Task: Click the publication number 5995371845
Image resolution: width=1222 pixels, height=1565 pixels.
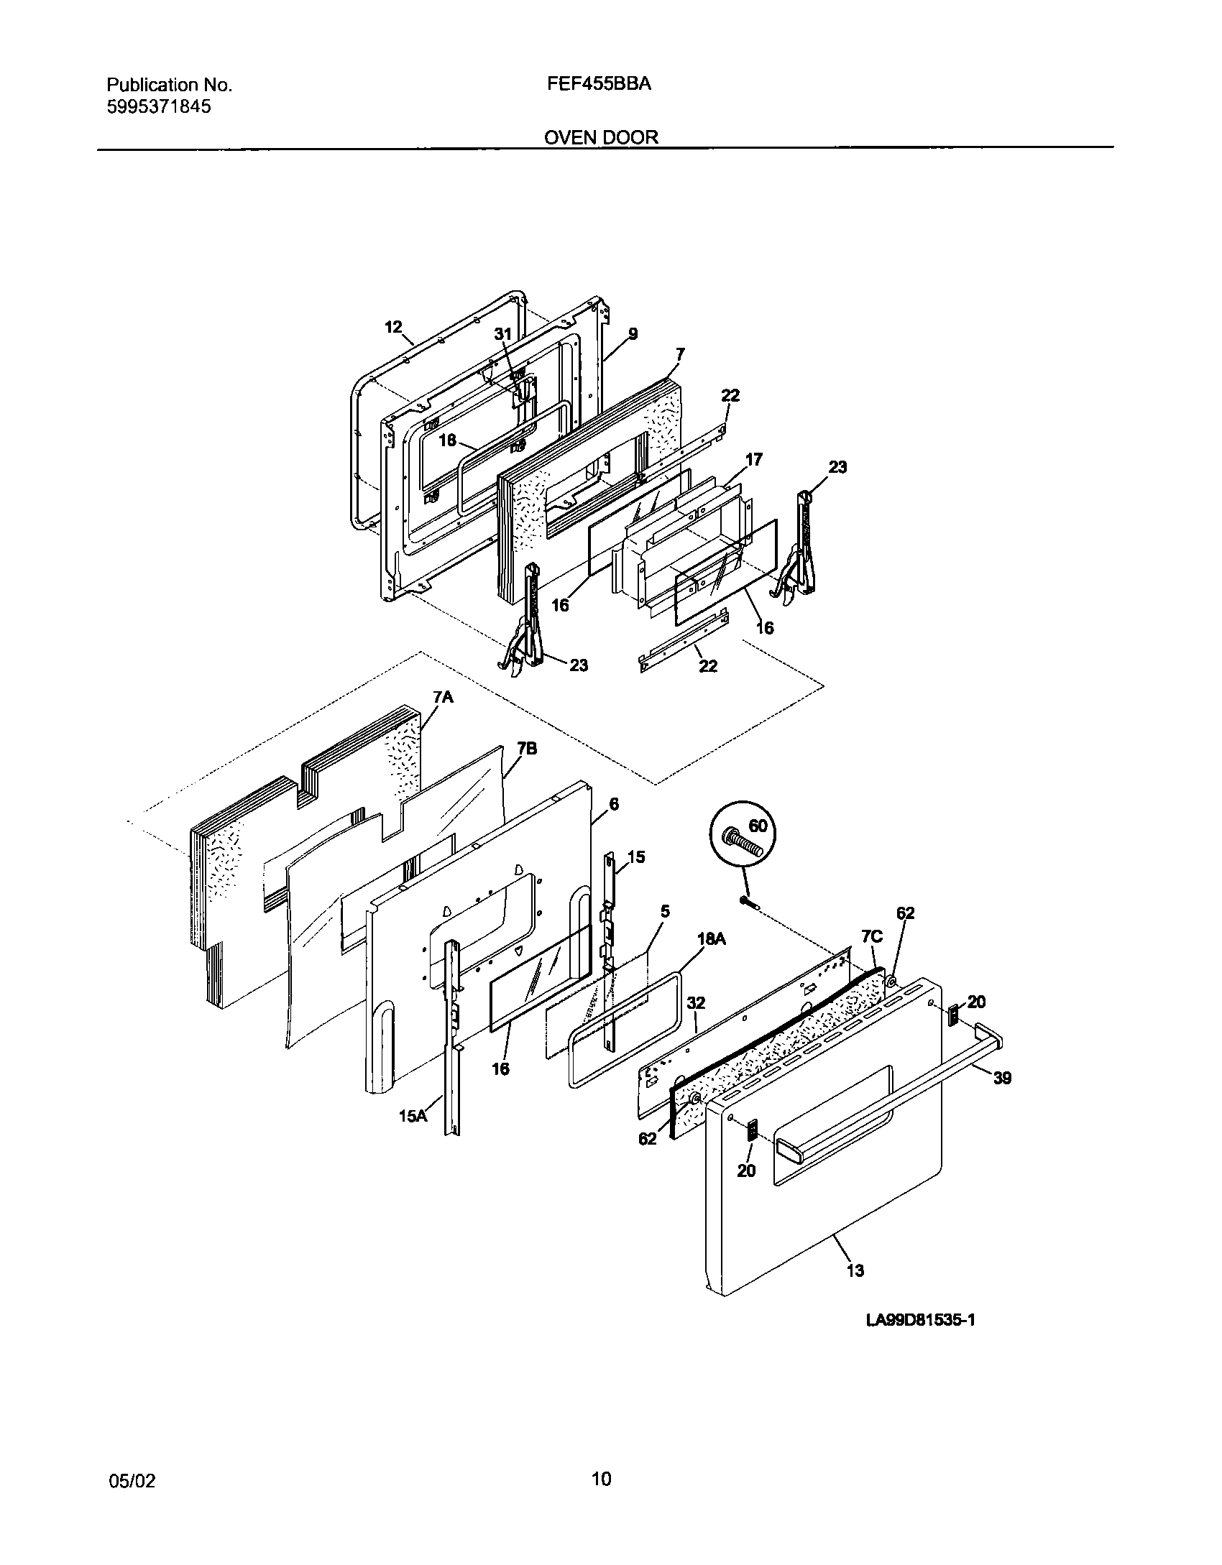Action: point(159,108)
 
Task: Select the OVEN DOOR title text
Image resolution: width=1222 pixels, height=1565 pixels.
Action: point(601,137)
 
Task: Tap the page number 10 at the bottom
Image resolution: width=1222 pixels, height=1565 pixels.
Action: point(601,1479)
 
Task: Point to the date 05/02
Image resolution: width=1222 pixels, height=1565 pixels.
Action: point(132,1481)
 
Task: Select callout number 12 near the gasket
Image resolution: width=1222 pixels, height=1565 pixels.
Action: point(393,327)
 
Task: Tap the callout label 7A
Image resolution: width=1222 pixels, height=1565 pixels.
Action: point(443,697)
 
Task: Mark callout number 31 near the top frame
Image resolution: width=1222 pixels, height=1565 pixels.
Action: point(503,334)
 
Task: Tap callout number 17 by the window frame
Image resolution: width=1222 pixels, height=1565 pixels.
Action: point(753,459)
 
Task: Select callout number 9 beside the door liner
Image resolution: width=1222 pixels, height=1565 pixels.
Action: point(633,333)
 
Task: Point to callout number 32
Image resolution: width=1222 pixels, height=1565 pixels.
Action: point(695,1002)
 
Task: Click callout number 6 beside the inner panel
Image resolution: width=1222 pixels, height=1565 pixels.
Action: point(614,804)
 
